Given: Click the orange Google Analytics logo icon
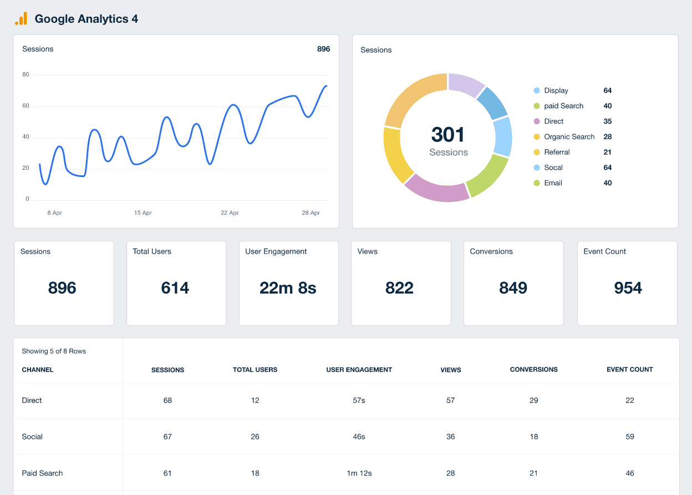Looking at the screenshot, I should click(x=21, y=19).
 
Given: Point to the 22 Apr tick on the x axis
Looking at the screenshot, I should click(x=230, y=213).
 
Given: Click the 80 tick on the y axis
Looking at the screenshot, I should click(x=26, y=75).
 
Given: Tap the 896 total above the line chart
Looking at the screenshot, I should click(x=323, y=49).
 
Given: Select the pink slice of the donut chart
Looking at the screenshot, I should click(x=436, y=188).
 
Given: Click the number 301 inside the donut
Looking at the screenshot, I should click(x=448, y=135).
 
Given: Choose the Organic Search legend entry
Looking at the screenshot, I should click(x=569, y=137).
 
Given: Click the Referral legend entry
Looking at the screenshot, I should click(x=557, y=152).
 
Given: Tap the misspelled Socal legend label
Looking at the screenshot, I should click(x=553, y=168).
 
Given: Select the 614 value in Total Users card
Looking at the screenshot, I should click(x=175, y=288).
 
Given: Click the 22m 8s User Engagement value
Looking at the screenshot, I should click(x=288, y=288).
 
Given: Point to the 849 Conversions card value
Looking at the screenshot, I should click(x=513, y=288).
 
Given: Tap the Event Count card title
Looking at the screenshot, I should click(x=604, y=251).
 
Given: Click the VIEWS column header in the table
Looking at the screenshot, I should click(x=451, y=370).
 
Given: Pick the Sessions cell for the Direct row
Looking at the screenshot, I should click(x=167, y=400).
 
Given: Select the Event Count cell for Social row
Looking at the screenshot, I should click(x=630, y=437).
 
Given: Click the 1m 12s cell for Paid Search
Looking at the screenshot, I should click(x=359, y=473).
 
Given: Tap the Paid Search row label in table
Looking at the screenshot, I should click(x=42, y=473).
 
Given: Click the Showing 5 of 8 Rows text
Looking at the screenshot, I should click(x=54, y=351).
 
